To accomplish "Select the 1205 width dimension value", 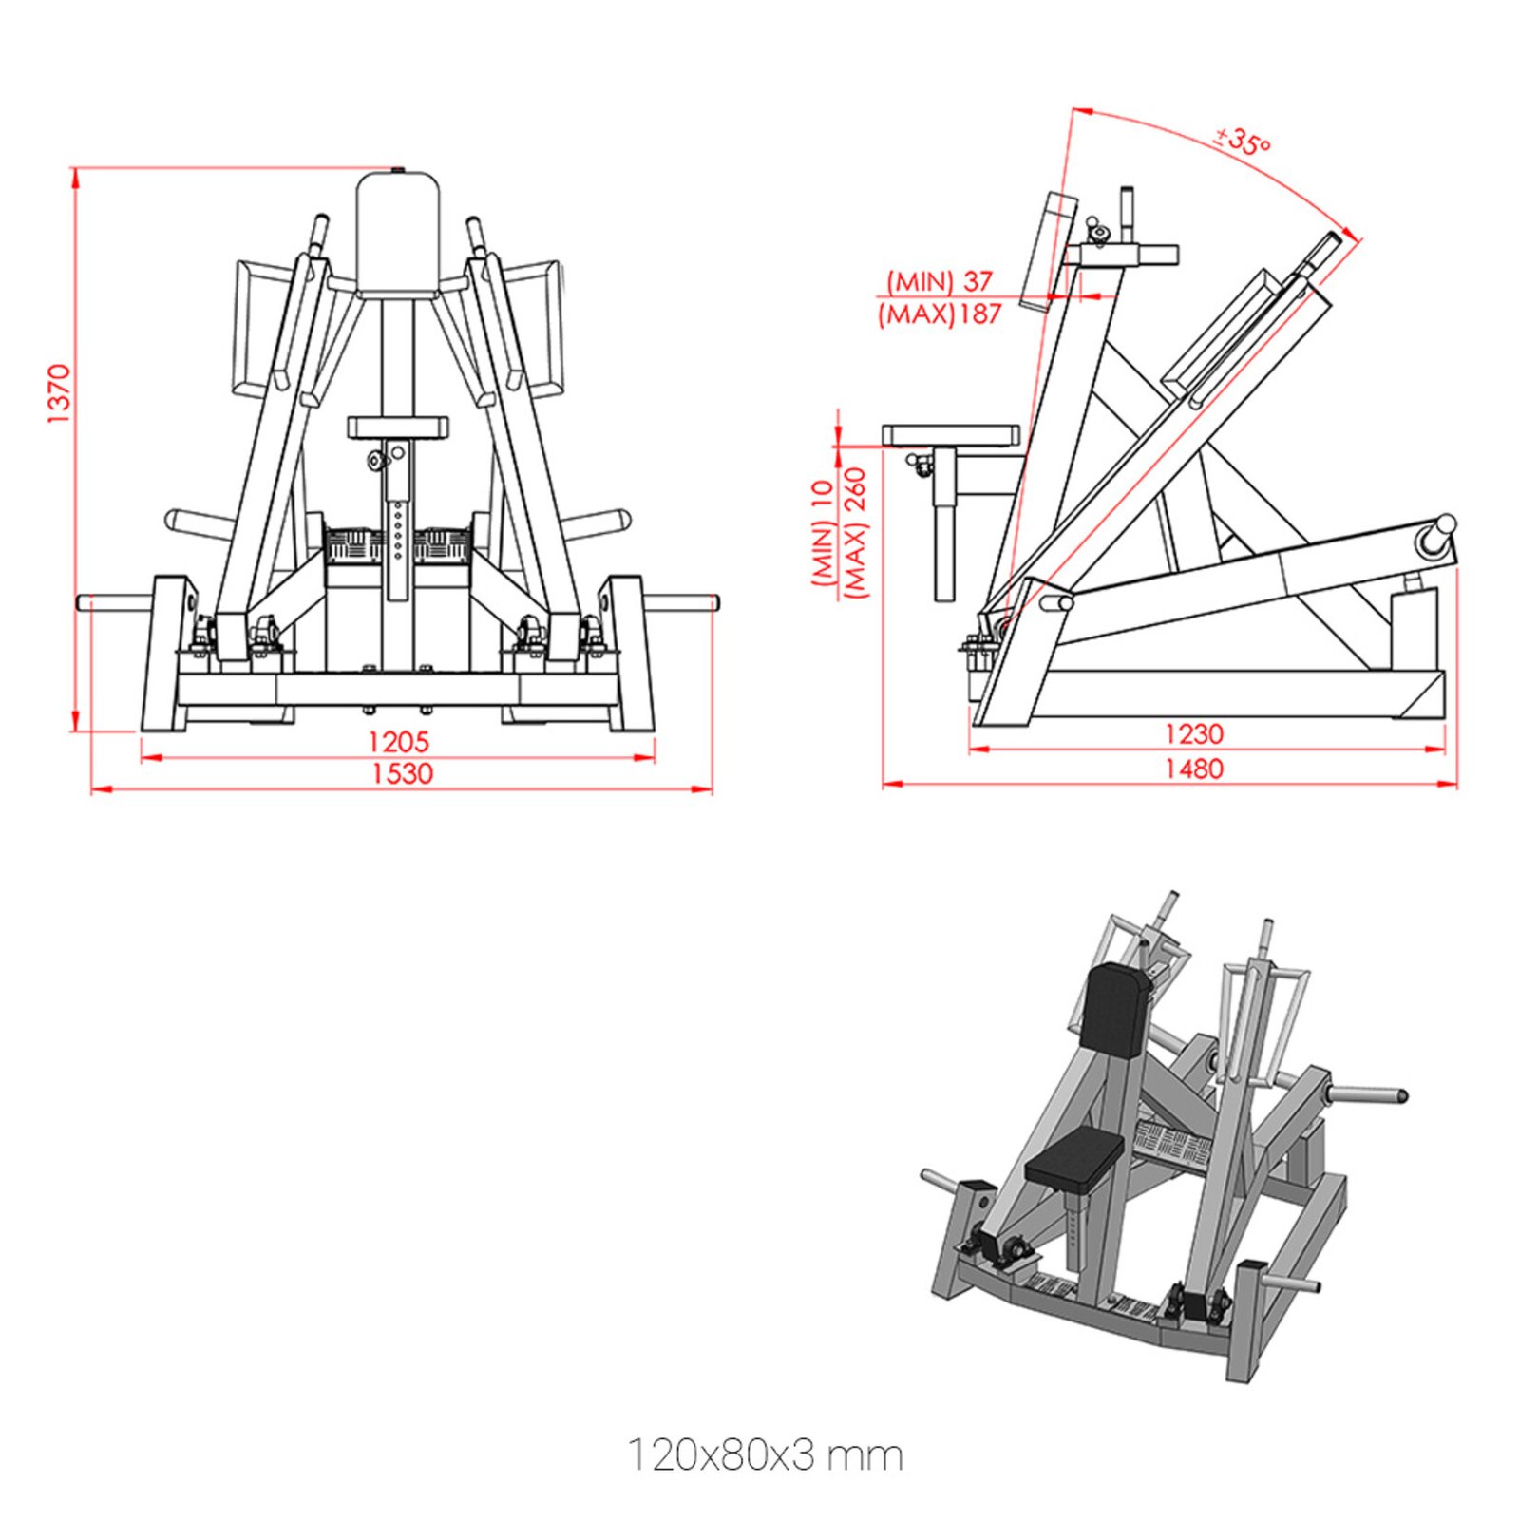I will coord(398,741).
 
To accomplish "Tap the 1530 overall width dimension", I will coord(401,773).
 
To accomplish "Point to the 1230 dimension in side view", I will coord(1193,733).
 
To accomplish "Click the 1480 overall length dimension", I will coord(1193,769).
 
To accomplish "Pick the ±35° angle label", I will coord(1243,142).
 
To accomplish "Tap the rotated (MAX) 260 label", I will coord(856,532).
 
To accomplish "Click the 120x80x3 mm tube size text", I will coord(765,1455).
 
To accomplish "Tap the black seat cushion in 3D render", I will coord(1075,1160).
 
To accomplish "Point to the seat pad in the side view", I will coord(950,436).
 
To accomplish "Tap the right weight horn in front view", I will coord(682,601).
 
